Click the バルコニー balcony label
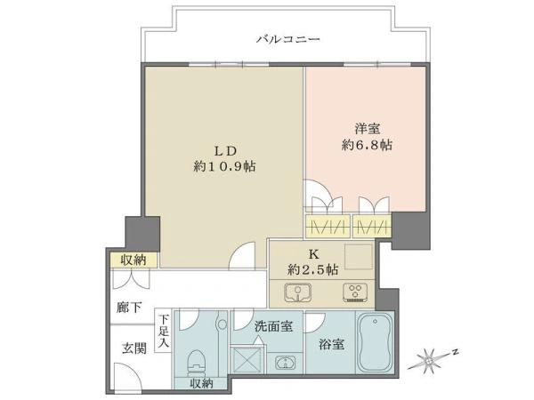pos(288,39)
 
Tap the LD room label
pos(225,151)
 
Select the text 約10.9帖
pos(225,166)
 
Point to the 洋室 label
pos(367,129)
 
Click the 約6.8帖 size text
pos(367,145)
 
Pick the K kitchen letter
pos(313,254)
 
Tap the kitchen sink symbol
pos(298,292)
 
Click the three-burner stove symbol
pos(356,292)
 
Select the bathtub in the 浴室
pos(375,343)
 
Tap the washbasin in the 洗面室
pos(284,363)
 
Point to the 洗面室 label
pos(273,327)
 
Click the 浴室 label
pos(331,345)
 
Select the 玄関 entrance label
pos(134,348)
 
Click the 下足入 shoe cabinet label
pos(164,331)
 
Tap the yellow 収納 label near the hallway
pos(133,260)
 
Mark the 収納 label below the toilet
pos(201,384)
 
